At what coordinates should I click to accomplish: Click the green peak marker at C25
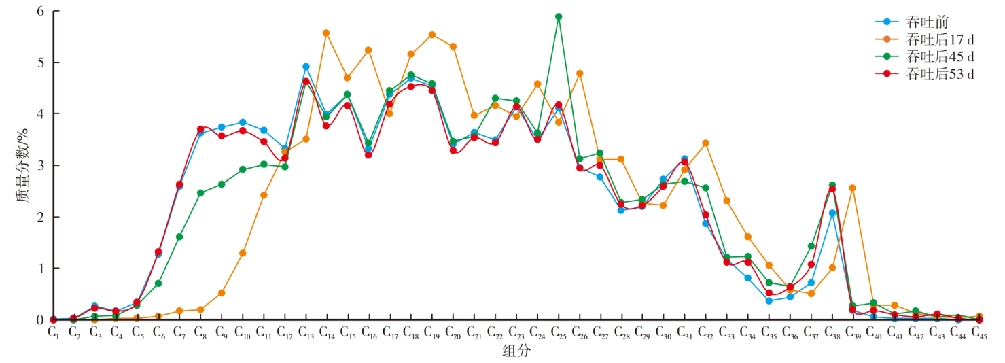tap(559, 16)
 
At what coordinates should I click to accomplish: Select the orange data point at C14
tap(326, 33)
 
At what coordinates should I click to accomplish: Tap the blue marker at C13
tap(306, 67)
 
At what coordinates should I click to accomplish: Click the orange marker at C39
tap(852, 188)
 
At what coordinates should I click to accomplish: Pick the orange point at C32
tap(705, 143)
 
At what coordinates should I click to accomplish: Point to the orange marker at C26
tap(580, 73)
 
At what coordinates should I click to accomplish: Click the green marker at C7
tap(179, 237)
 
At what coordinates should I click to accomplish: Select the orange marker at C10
tap(243, 253)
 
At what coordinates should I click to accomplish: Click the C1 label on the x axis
tap(53, 332)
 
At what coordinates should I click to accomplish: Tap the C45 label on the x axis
tap(979, 332)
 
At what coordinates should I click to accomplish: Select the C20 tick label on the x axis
tap(453, 332)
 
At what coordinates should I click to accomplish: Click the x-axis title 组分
tap(516, 351)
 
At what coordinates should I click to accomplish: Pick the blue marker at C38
tap(832, 213)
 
